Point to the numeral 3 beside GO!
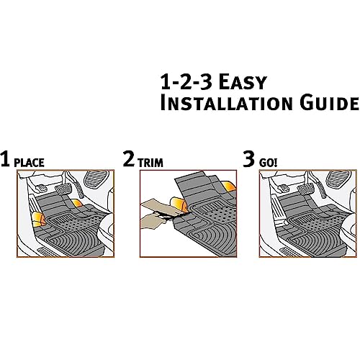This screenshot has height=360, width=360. tap(248, 160)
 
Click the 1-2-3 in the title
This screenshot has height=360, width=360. tap(186, 80)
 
